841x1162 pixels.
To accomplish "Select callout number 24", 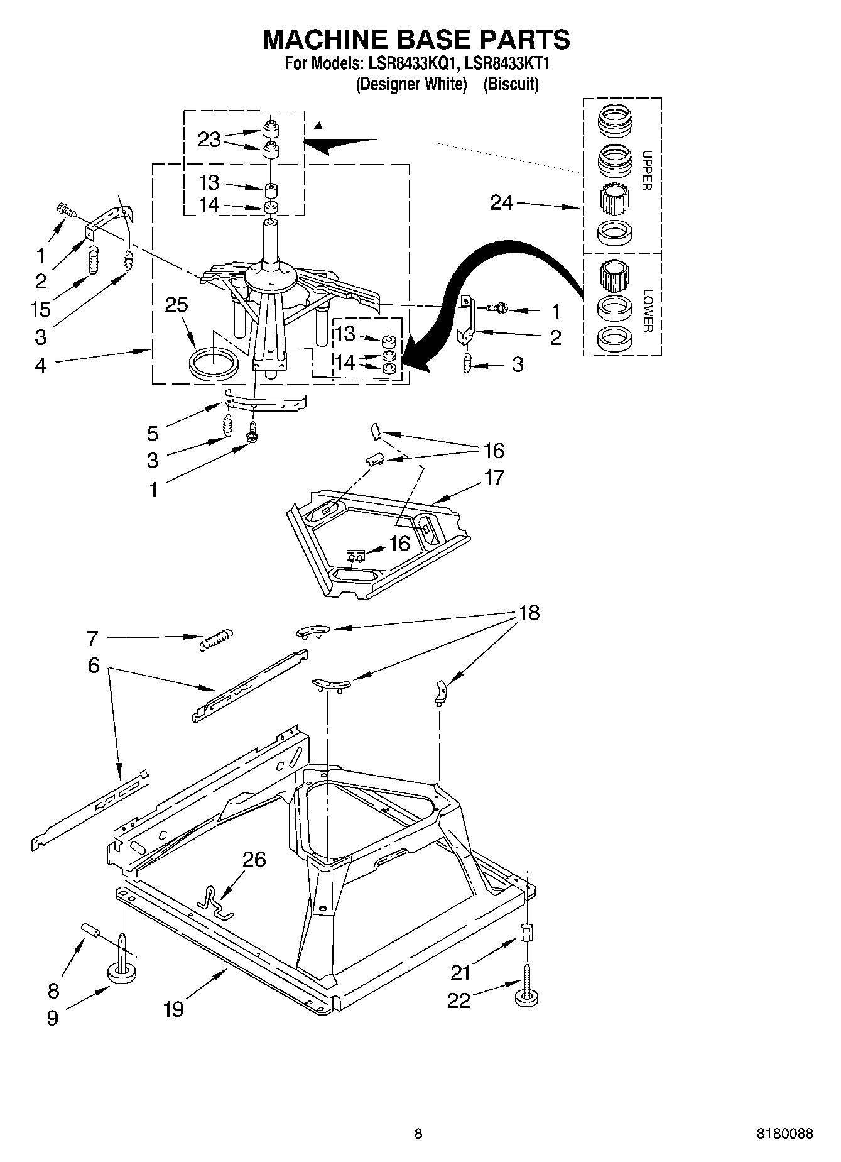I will (x=501, y=203).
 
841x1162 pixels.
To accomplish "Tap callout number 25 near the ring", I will (x=176, y=305).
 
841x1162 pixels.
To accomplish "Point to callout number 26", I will (x=254, y=859).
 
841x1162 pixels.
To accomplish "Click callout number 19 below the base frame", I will (x=173, y=1009).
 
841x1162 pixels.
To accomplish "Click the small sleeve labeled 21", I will (x=528, y=932).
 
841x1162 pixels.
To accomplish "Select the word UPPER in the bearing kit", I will (x=648, y=170).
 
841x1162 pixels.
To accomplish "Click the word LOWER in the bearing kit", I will (x=648, y=310).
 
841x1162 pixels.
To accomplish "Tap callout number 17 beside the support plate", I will (x=494, y=477).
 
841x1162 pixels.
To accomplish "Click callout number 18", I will (x=529, y=613).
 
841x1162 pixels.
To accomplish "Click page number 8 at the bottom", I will (x=418, y=1134).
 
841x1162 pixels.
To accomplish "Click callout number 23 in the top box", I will (x=209, y=139).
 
